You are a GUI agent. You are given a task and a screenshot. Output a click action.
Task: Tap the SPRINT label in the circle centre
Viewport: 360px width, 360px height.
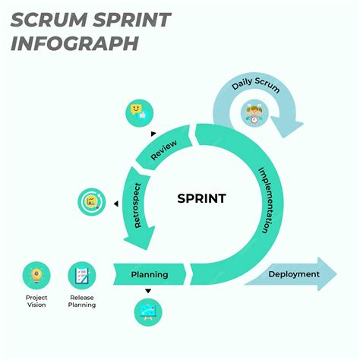(201, 199)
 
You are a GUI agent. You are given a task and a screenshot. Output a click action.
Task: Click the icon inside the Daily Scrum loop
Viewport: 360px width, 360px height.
(254, 114)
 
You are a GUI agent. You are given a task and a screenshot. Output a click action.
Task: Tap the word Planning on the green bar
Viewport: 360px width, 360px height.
(149, 274)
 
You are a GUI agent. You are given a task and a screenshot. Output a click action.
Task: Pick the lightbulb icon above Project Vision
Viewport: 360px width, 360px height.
(36, 274)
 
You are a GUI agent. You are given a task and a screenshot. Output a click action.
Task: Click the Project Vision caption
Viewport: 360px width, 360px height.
(36, 301)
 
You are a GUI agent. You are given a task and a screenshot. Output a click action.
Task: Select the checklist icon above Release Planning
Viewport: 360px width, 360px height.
(81, 274)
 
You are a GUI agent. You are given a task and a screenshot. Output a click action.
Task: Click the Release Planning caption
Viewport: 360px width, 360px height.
(81, 301)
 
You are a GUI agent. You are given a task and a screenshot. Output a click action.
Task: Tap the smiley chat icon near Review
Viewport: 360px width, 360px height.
(137, 112)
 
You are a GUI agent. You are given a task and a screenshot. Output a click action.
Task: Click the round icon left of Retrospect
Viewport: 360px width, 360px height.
(92, 203)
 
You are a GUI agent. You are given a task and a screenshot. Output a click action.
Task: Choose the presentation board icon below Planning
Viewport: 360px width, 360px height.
(148, 312)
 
